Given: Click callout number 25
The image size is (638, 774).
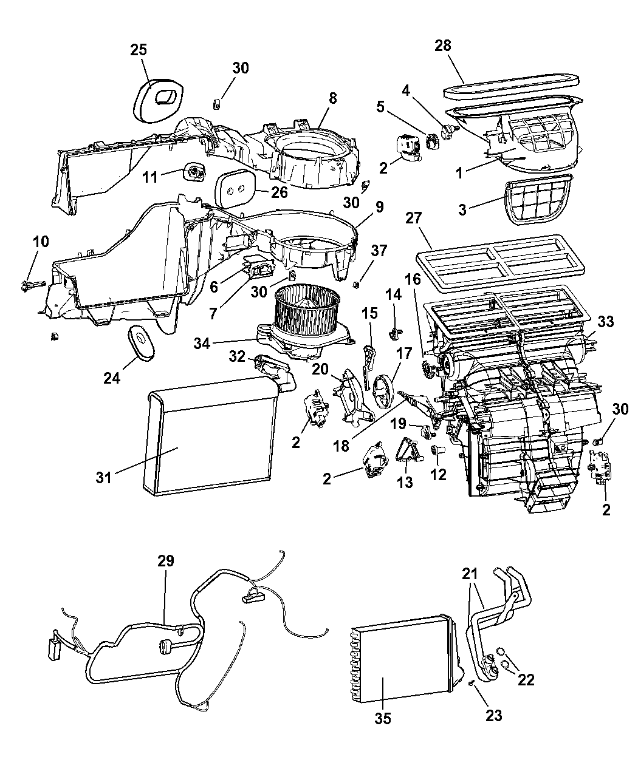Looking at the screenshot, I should tap(139, 50).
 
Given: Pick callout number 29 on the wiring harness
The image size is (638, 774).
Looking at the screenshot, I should tap(166, 561).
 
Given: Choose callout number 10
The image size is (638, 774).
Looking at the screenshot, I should tap(40, 242).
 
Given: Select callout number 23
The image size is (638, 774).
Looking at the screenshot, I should tap(493, 715).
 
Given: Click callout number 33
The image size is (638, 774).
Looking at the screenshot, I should tap(605, 322).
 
